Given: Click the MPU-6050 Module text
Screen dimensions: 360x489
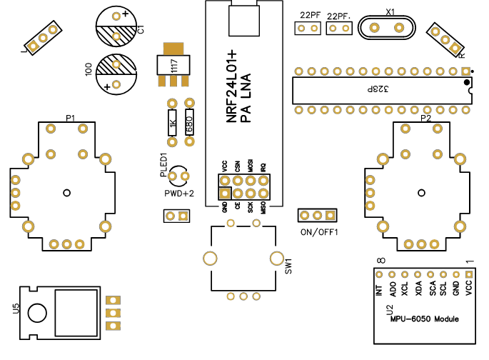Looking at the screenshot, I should (x=424, y=319).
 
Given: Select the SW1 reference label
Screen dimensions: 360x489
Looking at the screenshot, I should (x=288, y=266).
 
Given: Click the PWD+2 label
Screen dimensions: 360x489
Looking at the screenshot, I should (x=179, y=194).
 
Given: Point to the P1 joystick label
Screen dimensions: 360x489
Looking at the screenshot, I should (x=71, y=117).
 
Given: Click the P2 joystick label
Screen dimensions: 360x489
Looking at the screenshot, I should (x=425, y=118).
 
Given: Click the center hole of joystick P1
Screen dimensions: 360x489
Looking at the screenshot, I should (x=66, y=191).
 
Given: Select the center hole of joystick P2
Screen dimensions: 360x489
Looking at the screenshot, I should (x=422, y=192).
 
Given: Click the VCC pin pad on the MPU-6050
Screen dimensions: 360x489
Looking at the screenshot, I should (x=469, y=274).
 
